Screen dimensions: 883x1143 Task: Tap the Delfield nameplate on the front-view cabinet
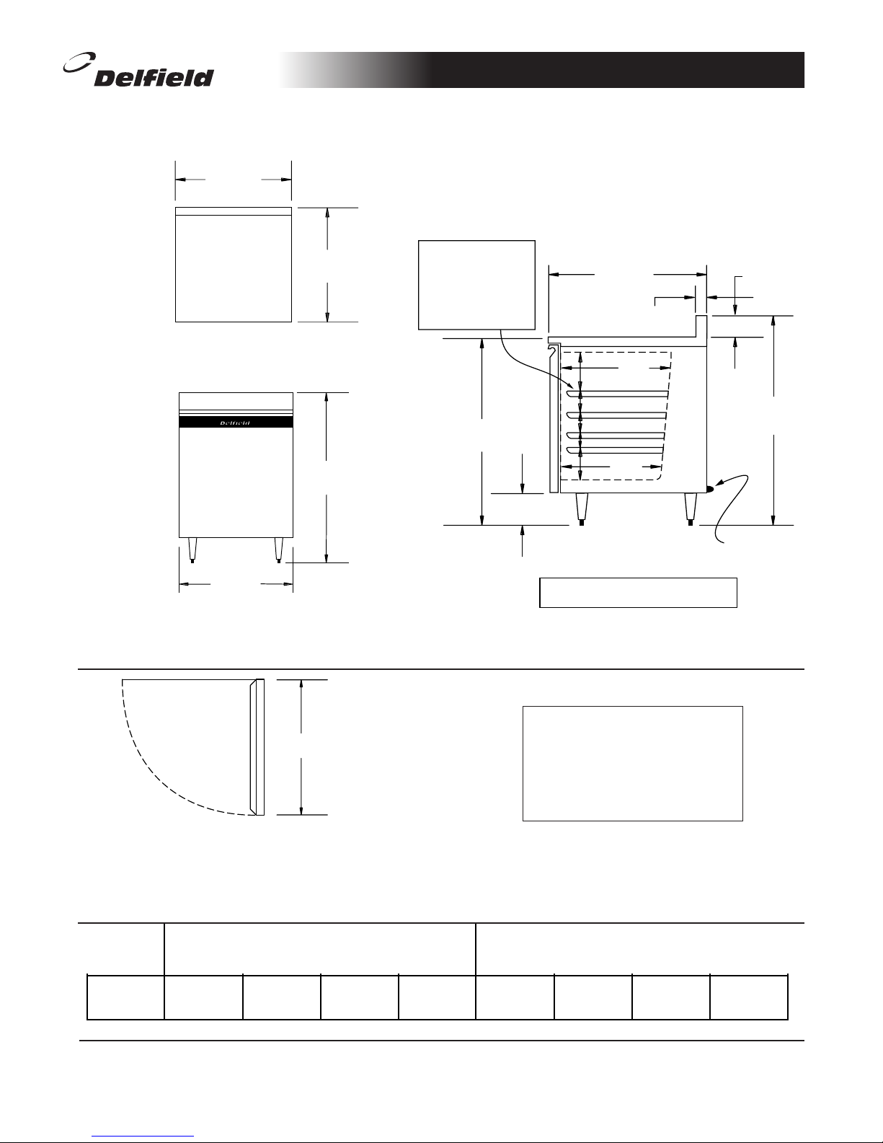tap(236, 423)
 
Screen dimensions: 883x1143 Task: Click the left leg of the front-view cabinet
tap(192, 549)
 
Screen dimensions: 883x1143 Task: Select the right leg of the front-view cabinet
tap(279, 549)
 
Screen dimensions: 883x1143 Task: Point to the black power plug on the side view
tap(709, 489)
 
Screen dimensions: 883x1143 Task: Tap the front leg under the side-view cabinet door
tap(581, 508)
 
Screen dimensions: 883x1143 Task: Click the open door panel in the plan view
tap(257, 747)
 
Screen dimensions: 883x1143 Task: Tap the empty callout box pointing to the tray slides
tap(476, 285)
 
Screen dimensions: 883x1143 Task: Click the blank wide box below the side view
tap(638, 592)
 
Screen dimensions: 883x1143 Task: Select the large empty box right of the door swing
tap(632, 763)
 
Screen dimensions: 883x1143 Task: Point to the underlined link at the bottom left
tap(143, 1136)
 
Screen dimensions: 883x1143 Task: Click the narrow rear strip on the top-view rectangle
tap(234, 211)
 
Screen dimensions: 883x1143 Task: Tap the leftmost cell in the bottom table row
tap(125, 997)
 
